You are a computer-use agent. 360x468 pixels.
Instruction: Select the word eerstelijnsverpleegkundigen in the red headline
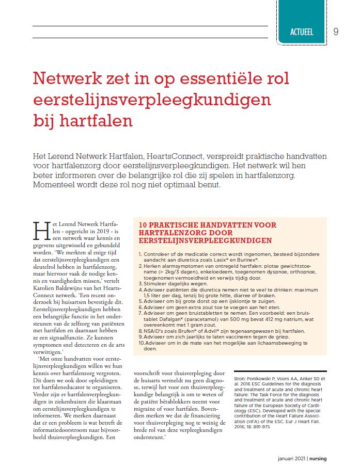[145, 100]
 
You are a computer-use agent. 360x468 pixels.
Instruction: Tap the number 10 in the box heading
[146, 225]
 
